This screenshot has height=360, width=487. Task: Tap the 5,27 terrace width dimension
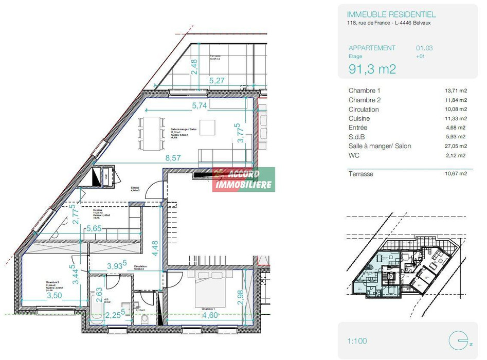[217, 80]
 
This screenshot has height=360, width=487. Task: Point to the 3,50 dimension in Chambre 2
[55, 296]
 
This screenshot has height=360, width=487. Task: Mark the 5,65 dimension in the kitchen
[95, 229]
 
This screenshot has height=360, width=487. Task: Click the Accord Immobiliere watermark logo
[244, 179]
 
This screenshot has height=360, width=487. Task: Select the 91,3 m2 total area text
[372, 69]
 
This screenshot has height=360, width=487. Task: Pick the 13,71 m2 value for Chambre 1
[456, 91]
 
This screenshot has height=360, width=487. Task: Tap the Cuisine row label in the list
[359, 118]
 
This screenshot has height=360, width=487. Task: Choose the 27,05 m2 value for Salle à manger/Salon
[456, 146]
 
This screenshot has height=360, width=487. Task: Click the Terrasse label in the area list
[360, 174]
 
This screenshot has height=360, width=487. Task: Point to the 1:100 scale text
[358, 340]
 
